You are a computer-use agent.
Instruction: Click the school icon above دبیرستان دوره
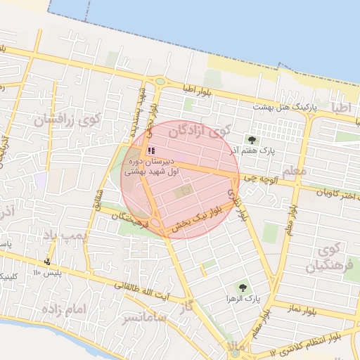coord(150,150)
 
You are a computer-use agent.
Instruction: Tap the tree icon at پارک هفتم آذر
coord(252,140)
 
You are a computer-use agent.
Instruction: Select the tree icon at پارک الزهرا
coord(243,287)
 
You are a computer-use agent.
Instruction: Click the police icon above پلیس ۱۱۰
coord(47,262)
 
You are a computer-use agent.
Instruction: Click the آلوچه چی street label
coord(259,180)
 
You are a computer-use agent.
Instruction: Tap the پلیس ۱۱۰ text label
coord(49,273)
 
